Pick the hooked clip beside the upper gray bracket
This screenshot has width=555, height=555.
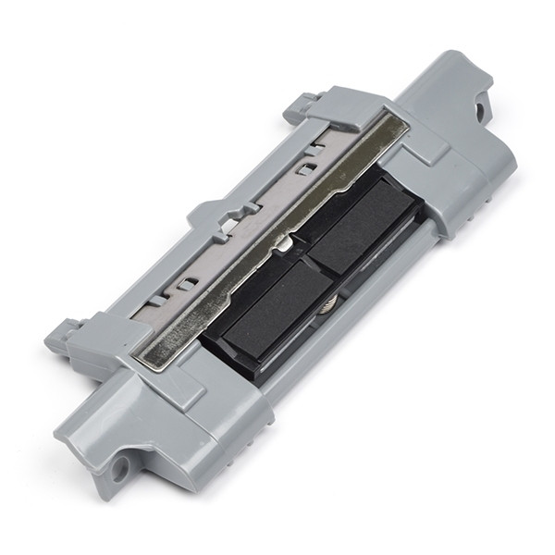click(x=302, y=104)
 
